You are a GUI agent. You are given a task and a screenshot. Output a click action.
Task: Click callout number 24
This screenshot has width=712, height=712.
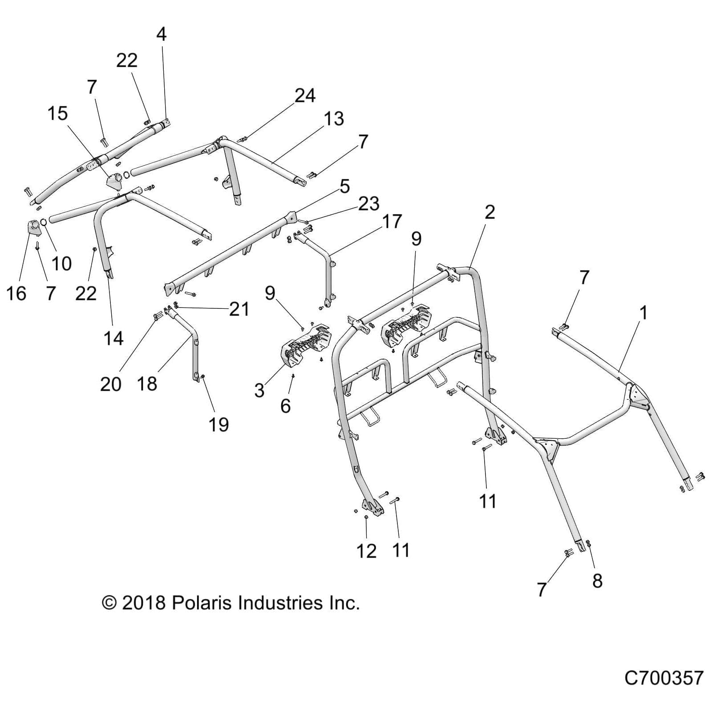point(305,96)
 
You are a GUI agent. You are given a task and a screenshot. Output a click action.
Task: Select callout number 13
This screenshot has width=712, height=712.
point(333,119)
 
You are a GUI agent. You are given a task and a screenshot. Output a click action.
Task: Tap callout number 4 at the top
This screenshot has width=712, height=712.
point(162,34)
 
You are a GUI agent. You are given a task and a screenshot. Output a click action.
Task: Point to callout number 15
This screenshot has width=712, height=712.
point(57,113)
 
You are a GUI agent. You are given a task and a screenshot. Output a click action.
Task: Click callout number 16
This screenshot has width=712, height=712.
point(16,294)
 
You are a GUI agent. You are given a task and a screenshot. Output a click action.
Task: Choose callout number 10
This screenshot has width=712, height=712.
point(61,263)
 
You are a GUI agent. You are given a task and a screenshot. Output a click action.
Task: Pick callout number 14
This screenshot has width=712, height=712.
point(113,339)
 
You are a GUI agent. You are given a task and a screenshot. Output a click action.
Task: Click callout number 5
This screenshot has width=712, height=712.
point(345,186)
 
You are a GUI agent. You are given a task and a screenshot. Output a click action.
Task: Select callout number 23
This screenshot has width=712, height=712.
point(368,204)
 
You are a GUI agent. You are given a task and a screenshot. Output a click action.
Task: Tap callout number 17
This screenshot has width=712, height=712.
point(392,221)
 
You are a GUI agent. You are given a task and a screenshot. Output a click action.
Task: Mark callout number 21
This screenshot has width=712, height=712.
point(239,309)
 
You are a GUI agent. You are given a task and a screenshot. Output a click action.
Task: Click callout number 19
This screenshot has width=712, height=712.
point(218,425)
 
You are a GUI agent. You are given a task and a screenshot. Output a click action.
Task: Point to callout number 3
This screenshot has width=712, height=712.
point(259,390)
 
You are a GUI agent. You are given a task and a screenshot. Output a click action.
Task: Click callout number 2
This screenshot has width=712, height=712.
point(489,212)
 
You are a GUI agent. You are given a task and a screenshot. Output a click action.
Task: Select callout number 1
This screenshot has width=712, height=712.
point(643,313)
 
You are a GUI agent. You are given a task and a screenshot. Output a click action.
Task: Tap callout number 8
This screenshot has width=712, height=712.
point(597,581)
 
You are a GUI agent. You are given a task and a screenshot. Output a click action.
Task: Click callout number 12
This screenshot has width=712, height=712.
point(366,551)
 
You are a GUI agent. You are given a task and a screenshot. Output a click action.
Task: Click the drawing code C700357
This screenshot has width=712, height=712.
point(663,679)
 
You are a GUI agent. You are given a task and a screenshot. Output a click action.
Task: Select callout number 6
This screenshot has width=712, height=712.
point(285,406)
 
